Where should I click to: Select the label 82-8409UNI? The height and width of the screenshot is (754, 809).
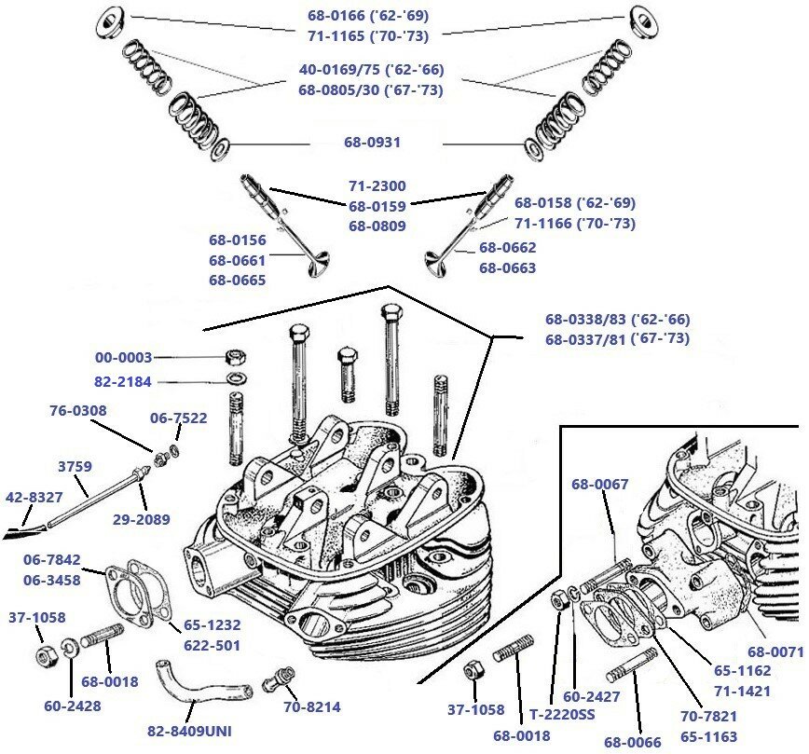click(189, 731)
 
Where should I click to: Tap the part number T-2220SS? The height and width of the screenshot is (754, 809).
click(563, 715)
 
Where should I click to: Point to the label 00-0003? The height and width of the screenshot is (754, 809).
click(123, 357)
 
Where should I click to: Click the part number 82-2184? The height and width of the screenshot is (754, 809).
click(123, 381)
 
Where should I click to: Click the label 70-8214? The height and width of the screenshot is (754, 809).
click(310, 706)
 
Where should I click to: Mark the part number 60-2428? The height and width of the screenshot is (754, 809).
click(72, 706)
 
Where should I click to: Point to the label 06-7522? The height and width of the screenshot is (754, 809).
click(179, 418)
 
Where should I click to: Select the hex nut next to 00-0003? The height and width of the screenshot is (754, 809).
click(236, 357)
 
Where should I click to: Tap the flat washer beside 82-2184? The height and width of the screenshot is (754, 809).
click(236, 380)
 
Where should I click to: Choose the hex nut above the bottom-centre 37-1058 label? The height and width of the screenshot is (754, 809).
click(472, 671)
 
